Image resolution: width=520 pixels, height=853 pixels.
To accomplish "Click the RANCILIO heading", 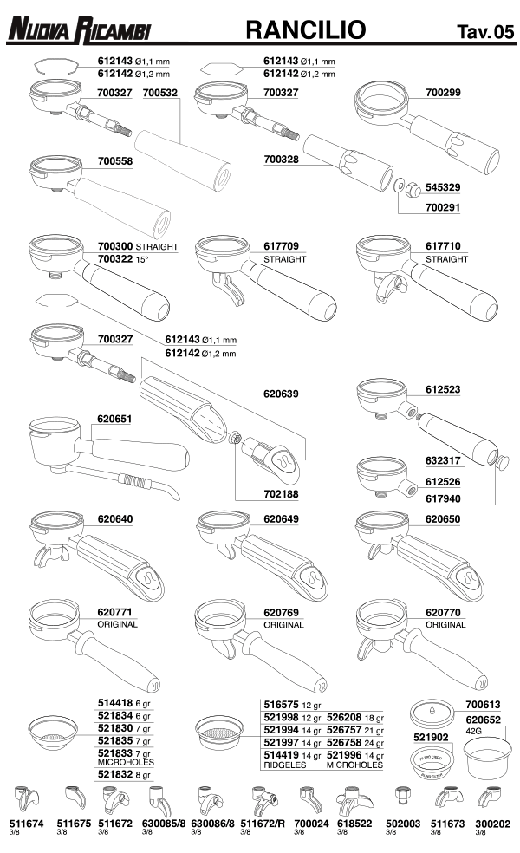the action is click(x=306, y=29).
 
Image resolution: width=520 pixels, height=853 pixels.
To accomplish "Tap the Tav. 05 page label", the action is click(x=485, y=31).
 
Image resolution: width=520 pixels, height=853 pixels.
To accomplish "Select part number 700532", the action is click(x=160, y=93).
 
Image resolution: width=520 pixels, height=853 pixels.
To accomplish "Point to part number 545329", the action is click(x=443, y=187).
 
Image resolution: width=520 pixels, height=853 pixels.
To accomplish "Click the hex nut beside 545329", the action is click(x=413, y=188).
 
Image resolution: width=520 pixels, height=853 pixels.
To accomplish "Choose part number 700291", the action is click(x=443, y=207).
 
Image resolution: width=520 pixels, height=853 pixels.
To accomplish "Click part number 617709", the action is click(x=281, y=246).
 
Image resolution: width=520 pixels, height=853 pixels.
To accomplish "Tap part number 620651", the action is click(x=114, y=419).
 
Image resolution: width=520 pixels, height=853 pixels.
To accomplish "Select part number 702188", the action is click(x=281, y=494).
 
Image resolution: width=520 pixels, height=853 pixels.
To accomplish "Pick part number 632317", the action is click(x=443, y=460).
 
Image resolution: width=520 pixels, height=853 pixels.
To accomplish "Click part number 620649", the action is click(x=281, y=519).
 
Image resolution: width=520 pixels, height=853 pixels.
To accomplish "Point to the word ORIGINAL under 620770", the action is click(x=445, y=624).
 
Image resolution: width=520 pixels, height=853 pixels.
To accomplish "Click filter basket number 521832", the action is click(x=115, y=774).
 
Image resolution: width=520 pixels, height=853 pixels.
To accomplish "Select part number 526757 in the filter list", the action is click(x=344, y=730).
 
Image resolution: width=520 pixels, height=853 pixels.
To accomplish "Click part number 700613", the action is click(x=483, y=705).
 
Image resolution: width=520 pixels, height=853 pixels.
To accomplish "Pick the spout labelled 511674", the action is click(x=26, y=799).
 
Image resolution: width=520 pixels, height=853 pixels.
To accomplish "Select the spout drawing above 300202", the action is click(x=489, y=798).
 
